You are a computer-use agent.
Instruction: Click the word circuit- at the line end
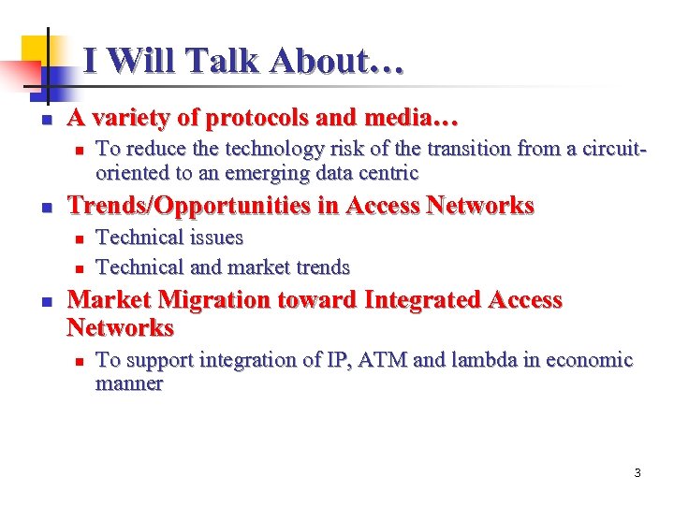[x=614, y=149]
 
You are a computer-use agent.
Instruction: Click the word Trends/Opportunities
[x=190, y=206]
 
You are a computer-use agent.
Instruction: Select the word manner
[x=129, y=383]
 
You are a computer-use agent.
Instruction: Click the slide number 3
[x=637, y=473]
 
